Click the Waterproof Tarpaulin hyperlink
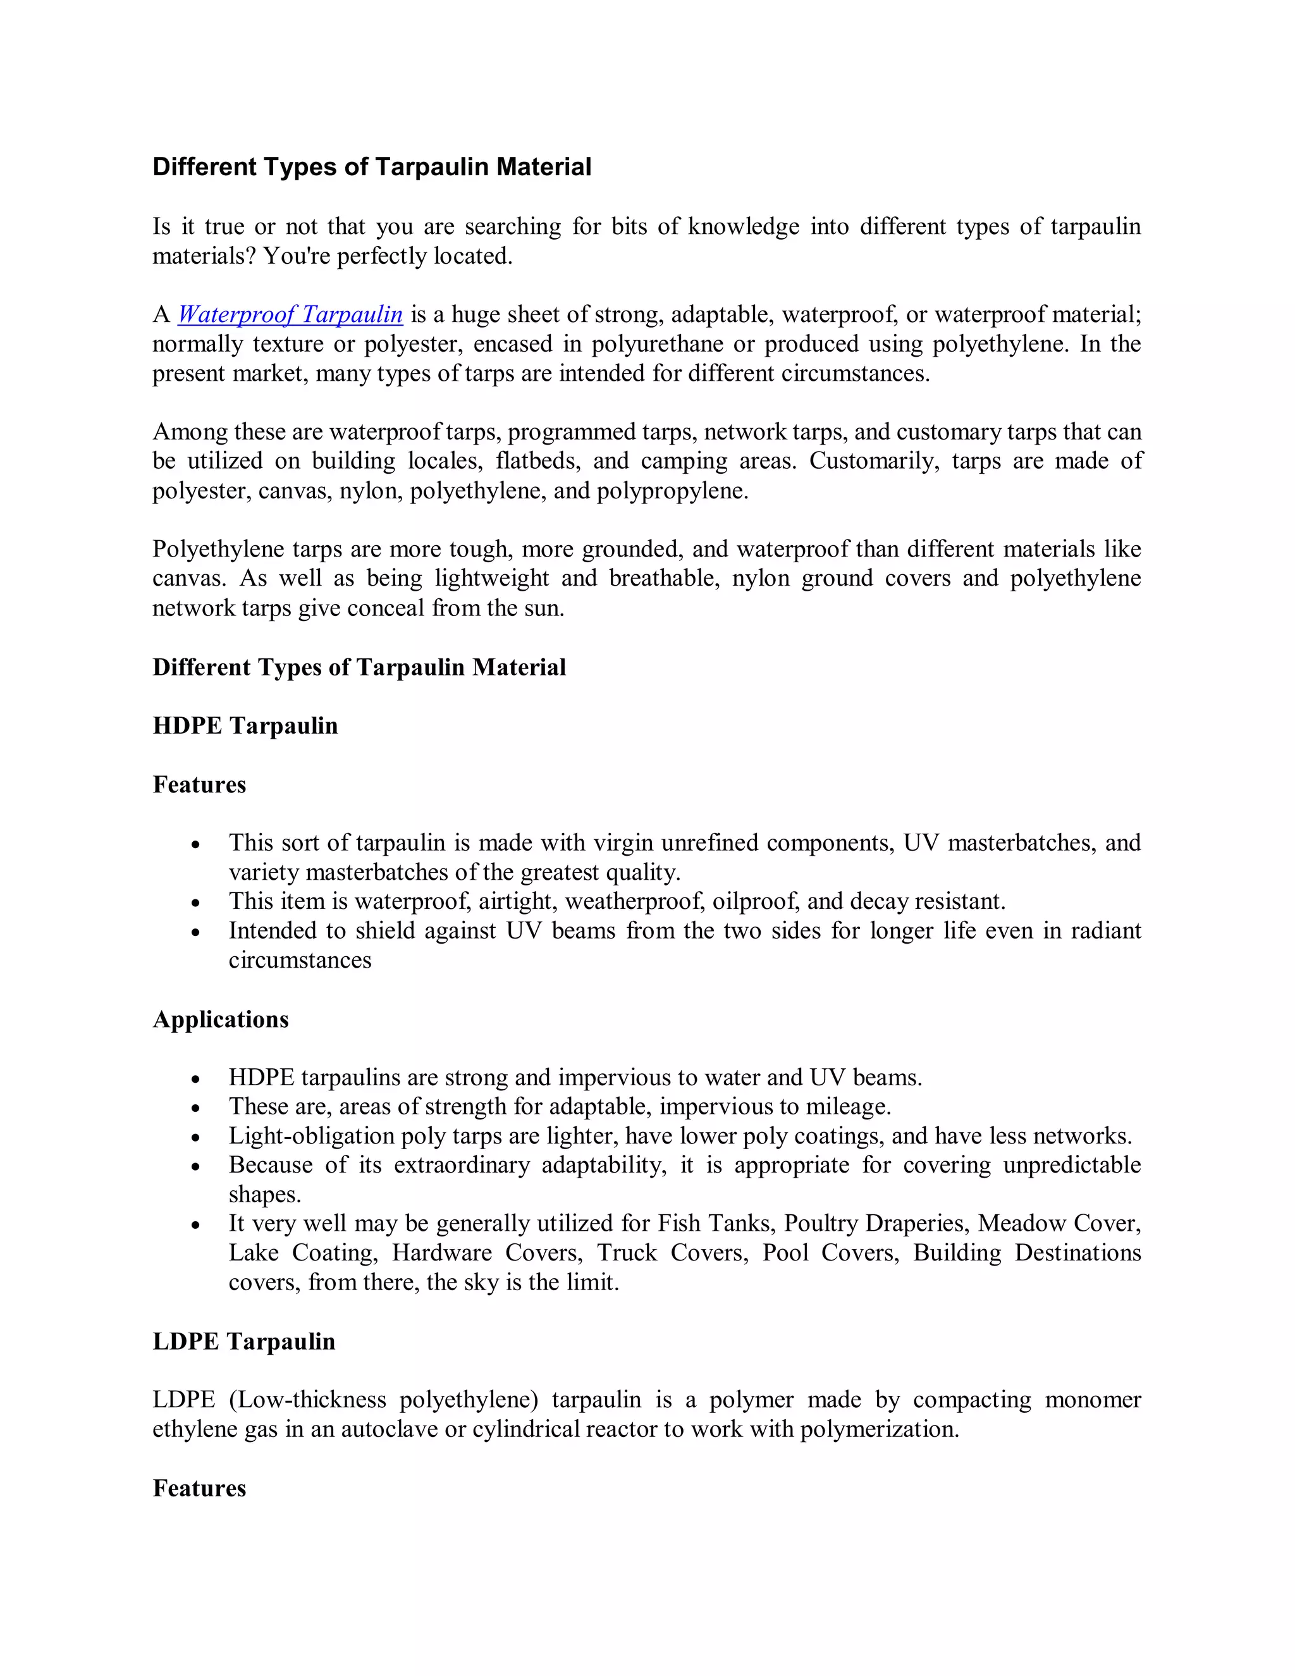290,314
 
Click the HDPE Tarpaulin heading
245,726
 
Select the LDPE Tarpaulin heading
244,1341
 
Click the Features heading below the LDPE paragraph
199,1488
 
